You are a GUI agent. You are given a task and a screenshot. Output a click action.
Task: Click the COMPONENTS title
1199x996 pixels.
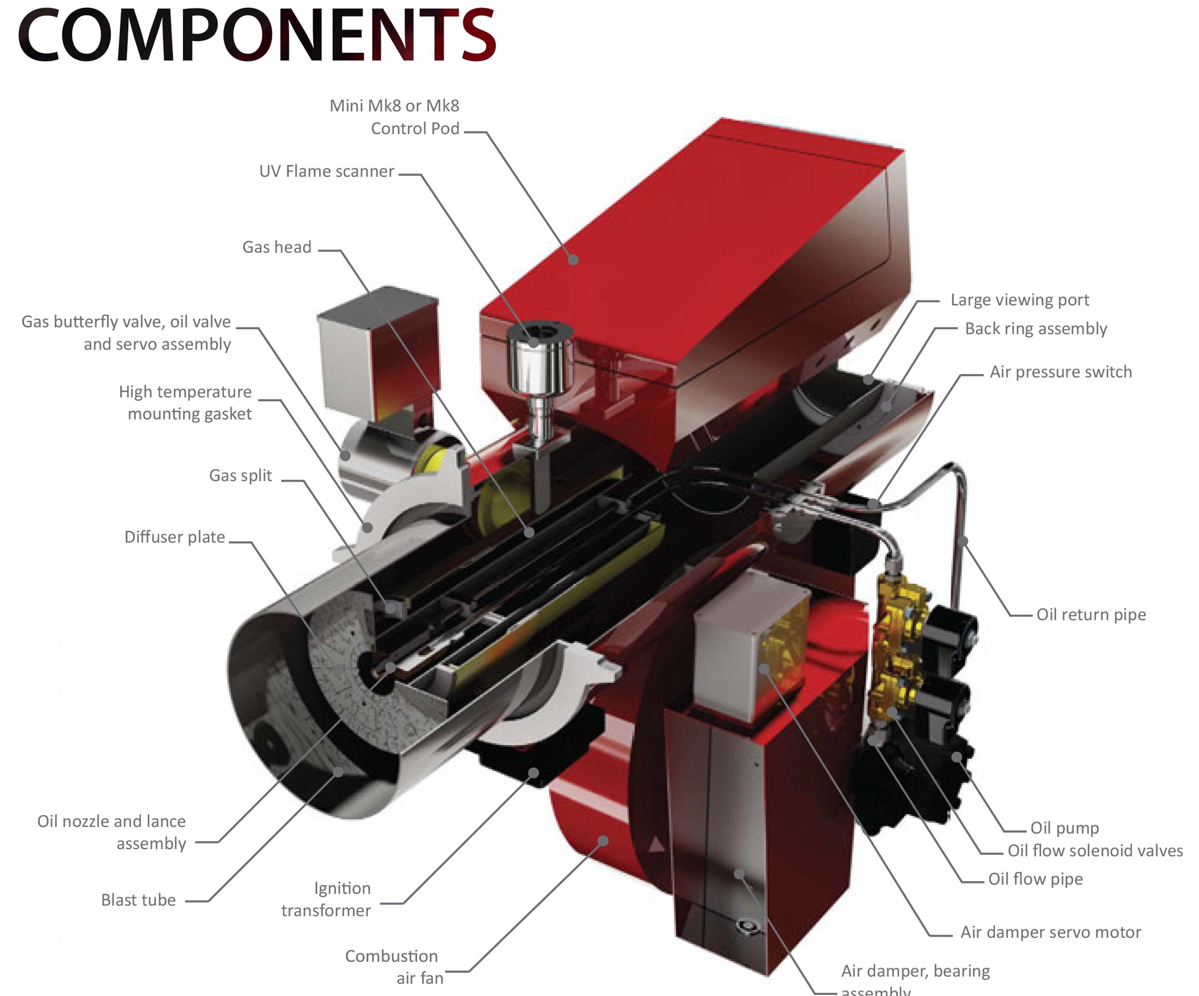[257, 35]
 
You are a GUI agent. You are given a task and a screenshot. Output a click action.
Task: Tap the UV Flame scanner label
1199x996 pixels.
[327, 171]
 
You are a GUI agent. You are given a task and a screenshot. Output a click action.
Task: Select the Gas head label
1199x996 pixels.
[277, 247]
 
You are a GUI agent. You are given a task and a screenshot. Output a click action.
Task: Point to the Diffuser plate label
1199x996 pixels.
[175, 537]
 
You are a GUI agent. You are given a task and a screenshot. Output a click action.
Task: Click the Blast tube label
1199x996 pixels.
[138, 900]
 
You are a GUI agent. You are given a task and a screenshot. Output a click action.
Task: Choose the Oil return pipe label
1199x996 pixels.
[1091, 615]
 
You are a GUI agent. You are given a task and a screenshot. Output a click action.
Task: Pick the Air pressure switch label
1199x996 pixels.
[1060, 372]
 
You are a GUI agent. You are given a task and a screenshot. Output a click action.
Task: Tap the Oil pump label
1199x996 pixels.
[1064, 828]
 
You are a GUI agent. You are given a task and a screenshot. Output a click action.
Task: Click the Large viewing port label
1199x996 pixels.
[1020, 300]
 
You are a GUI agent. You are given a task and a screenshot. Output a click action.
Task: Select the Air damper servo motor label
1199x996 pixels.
[1050, 932]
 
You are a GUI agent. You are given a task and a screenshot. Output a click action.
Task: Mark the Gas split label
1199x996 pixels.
[240, 476]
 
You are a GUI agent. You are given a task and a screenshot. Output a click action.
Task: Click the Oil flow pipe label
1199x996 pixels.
[1035, 879]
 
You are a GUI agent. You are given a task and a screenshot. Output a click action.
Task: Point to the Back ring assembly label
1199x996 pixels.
[1036, 329]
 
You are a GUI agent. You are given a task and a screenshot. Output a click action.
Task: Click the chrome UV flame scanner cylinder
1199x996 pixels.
[539, 365]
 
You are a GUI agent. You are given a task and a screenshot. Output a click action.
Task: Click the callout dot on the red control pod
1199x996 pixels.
[574, 260]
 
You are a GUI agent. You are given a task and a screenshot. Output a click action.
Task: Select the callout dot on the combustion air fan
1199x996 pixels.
[603, 840]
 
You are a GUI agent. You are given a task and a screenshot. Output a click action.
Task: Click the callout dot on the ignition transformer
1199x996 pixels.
[534, 773]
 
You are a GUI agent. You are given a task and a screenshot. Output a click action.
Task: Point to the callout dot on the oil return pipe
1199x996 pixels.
[963, 540]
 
